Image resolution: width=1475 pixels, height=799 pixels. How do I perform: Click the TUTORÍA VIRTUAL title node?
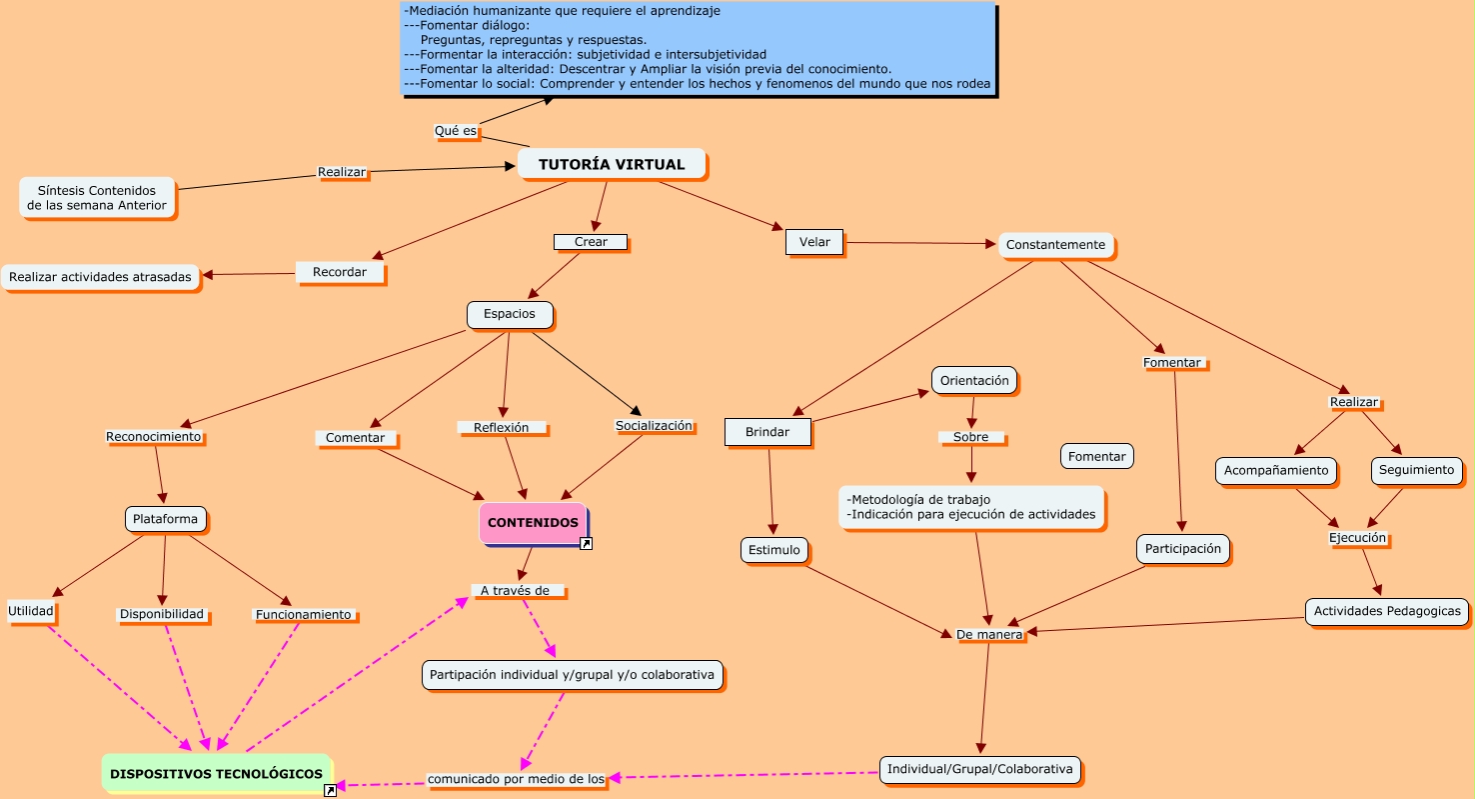coord(612,164)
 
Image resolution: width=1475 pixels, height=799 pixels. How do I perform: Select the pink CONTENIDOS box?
coord(533,523)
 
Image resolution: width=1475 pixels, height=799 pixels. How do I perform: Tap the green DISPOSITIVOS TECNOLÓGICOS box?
coord(216,773)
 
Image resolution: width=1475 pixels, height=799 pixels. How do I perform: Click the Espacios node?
coord(510,314)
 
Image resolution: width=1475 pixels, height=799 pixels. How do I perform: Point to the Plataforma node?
coord(167,519)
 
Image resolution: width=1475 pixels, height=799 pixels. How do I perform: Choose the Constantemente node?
coord(1055,245)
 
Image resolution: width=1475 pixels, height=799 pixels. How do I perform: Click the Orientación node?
coord(974,380)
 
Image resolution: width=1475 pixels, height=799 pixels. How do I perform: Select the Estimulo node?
coord(774,549)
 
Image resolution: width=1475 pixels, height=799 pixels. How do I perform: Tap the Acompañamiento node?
coord(1276,470)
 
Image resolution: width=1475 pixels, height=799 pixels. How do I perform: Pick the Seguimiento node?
coord(1416,470)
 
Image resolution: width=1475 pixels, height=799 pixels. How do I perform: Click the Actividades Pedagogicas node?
coord(1386,611)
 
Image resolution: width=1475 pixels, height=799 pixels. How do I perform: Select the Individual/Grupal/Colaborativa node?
coord(979,769)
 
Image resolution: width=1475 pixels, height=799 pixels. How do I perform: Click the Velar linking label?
coord(814,242)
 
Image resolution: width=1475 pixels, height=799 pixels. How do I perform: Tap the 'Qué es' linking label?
coord(456,131)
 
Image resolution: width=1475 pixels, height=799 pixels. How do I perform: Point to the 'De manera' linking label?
coord(988,634)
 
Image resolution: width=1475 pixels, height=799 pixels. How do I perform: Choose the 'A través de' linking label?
coord(516,590)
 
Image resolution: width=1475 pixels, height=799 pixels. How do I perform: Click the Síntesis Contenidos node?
coord(97,198)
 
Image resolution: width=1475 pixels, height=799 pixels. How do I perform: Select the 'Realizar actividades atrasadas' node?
coord(100,277)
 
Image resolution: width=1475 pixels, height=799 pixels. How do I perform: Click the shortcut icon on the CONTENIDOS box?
coord(587,544)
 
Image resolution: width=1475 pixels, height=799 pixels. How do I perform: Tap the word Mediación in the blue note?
coord(438,11)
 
